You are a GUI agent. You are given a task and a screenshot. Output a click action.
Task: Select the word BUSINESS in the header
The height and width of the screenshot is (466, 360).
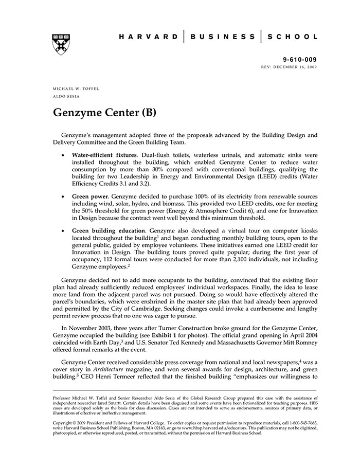223,37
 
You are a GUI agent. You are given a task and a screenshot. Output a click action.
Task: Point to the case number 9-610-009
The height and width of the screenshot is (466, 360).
300,60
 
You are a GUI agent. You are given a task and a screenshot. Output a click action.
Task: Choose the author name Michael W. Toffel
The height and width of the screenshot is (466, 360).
76,89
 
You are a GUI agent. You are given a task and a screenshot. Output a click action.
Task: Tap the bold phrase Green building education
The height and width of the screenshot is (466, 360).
109,231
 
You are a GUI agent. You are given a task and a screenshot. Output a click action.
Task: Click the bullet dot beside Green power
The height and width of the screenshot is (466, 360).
63,196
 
